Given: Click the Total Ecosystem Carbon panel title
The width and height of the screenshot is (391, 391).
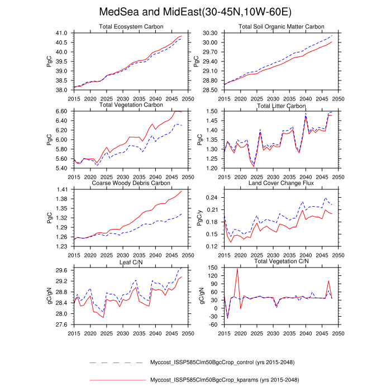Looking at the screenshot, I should [131, 26].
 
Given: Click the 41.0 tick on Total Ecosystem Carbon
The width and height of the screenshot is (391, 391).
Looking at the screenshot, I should [61, 33].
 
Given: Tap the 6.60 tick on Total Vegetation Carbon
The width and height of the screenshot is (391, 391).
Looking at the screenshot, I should [61, 111].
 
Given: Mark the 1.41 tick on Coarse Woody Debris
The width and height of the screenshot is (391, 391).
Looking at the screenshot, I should [61, 189].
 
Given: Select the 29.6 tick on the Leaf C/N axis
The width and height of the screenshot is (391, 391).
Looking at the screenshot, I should [61, 270].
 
